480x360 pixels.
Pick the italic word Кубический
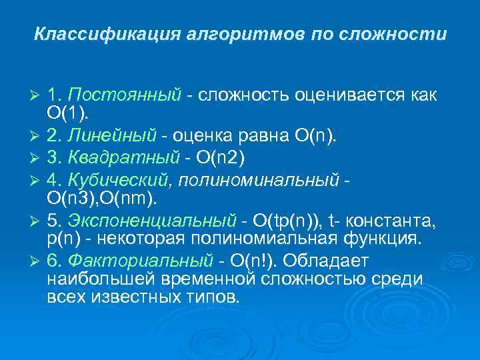(x=120, y=179)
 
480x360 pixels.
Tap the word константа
(x=393, y=220)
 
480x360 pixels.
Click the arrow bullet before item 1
(x=37, y=96)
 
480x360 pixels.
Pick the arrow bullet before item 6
(x=37, y=262)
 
